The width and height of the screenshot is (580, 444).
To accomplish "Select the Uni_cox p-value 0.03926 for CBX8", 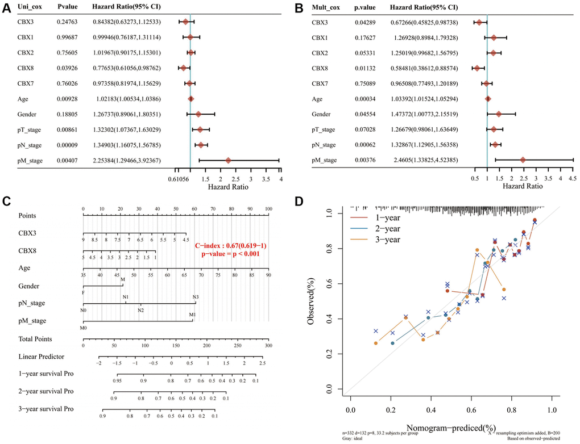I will [68, 68].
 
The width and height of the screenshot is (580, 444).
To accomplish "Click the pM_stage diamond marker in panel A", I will [228, 160].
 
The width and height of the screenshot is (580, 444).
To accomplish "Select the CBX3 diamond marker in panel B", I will [479, 23].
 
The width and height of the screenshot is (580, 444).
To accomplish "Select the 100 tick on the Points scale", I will [268, 210].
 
